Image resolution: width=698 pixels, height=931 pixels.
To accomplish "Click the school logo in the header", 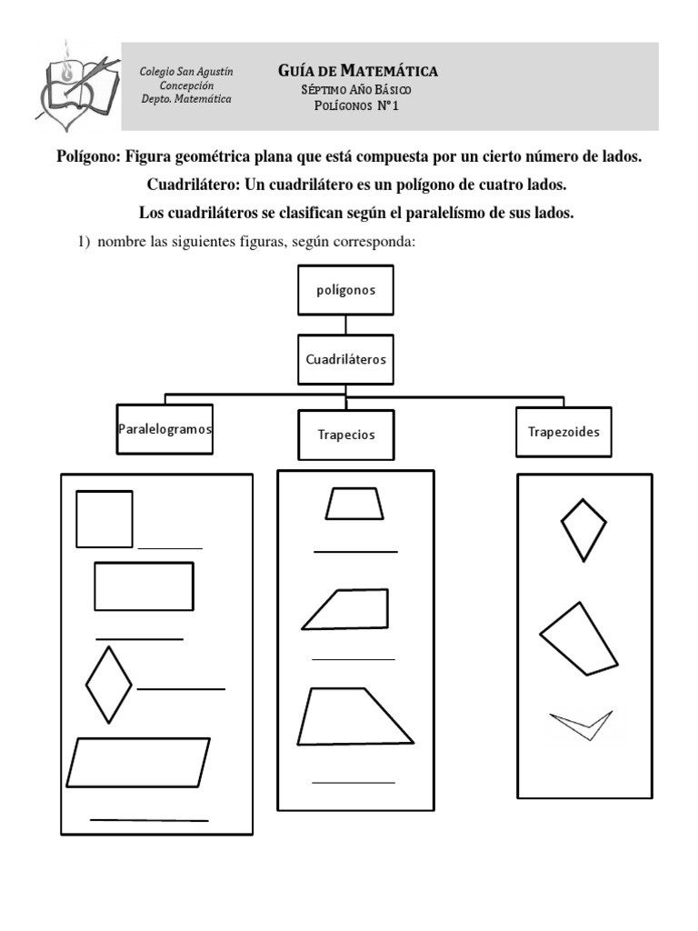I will pos(76,84).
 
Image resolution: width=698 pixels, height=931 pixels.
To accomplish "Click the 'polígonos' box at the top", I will pos(345,291).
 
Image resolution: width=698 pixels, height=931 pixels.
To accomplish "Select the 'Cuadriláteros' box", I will pos(345,359).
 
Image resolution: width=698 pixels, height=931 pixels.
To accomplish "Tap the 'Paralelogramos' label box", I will pos(165,428).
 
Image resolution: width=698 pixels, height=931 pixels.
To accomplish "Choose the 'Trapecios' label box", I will pos(345,435).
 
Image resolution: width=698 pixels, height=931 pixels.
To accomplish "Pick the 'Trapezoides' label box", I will pos(563,432).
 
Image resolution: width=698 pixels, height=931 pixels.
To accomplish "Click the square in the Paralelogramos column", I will pos(105,519).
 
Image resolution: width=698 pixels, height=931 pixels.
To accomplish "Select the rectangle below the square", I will pos(144,586).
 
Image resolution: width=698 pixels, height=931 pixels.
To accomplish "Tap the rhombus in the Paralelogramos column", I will pos(109,685).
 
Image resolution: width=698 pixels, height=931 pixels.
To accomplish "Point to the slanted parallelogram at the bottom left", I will pos(138,762).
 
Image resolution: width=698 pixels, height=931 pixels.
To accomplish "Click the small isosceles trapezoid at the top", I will pos(354,504).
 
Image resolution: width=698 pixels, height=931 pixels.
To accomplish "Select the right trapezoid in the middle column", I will pos(350,609).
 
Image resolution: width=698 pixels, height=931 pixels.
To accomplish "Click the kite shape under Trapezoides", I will pos(583,527).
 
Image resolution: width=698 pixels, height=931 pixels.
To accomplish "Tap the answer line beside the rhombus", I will pos(180,689).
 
